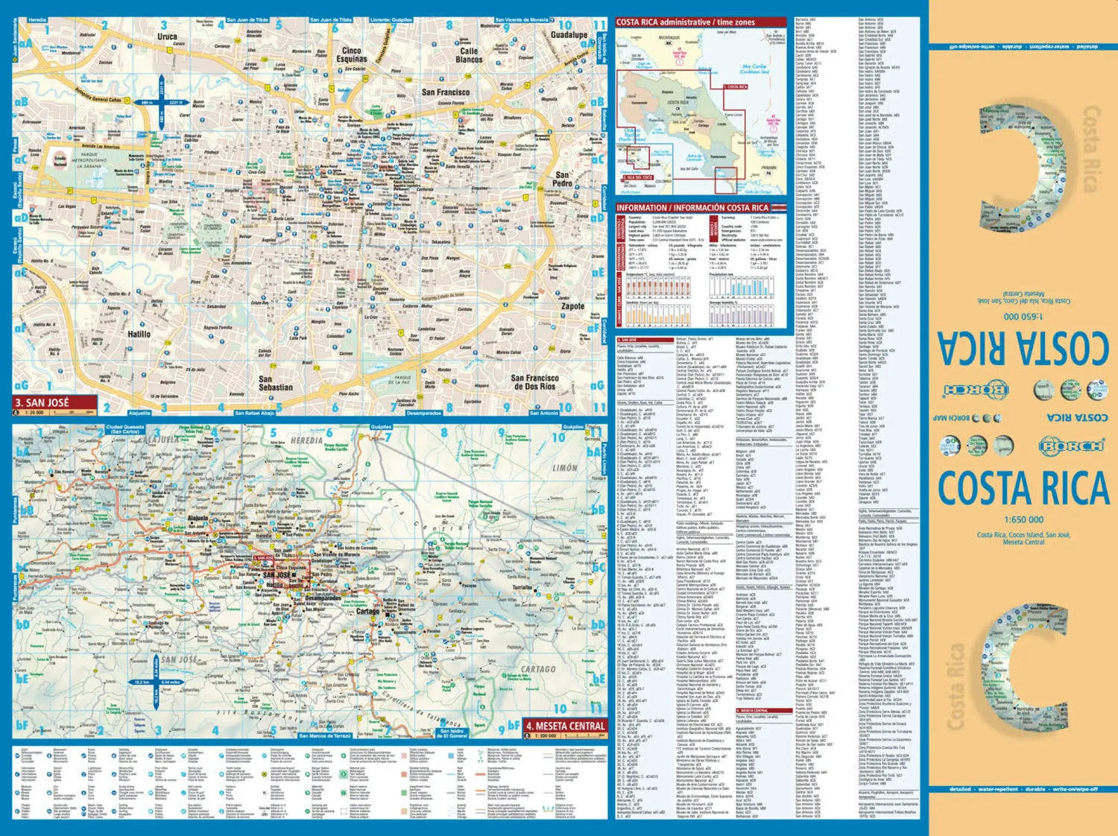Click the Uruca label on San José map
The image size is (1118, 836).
click(x=167, y=36)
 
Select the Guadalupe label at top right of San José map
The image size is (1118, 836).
click(x=569, y=34)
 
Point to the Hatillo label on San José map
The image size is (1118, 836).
click(x=139, y=335)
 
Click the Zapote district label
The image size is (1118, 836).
click(x=572, y=305)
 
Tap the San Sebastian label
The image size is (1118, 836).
click(x=276, y=383)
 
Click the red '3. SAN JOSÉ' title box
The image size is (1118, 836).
click(x=54, y=403)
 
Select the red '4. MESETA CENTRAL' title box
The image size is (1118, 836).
click(x=564, y=726)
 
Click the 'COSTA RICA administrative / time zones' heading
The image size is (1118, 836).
click(x=686, y=22)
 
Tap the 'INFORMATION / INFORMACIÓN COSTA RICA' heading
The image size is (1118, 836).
click(x=692, y=208)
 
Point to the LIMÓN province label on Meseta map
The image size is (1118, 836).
click(x=564, y=468)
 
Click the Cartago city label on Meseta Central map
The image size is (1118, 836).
click(x=367, y=611)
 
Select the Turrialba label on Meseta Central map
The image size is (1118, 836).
click(x=522, y=588)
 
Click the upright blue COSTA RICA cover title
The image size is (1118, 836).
click(x=1023, y=489)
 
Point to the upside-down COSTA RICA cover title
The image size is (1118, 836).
click(x=1023, y=347)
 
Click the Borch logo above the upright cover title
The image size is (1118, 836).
click(x=1070, y=446)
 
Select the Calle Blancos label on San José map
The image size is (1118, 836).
click(x=469, y=55)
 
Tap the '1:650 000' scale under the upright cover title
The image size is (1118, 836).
click(x=1023, y=519)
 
